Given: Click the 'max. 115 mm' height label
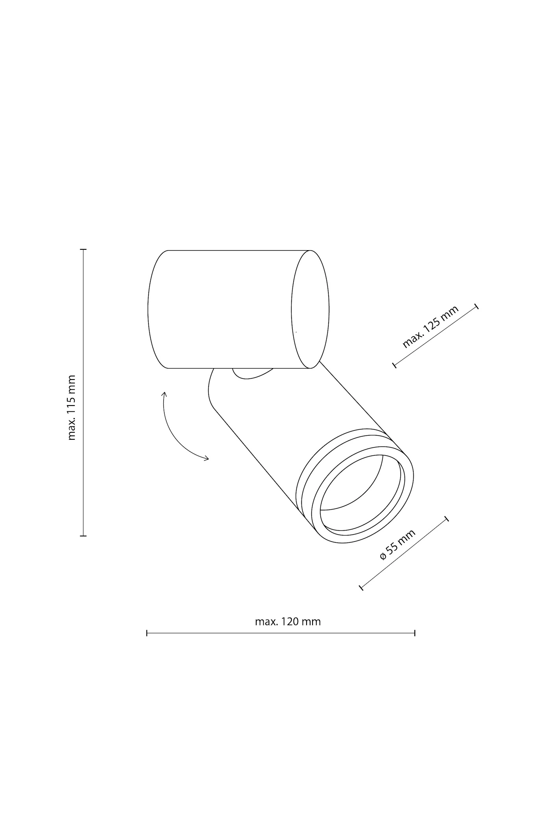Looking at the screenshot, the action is [71, 407].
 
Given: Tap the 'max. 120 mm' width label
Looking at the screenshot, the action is [288, 622].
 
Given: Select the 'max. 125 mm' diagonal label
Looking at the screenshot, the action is [431, 327].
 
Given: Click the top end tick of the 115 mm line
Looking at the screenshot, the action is [83, 249].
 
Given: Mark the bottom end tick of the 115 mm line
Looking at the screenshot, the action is [83, 536].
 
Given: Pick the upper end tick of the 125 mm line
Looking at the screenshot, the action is [477, 306].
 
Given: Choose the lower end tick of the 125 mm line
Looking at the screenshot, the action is [394, 365].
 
